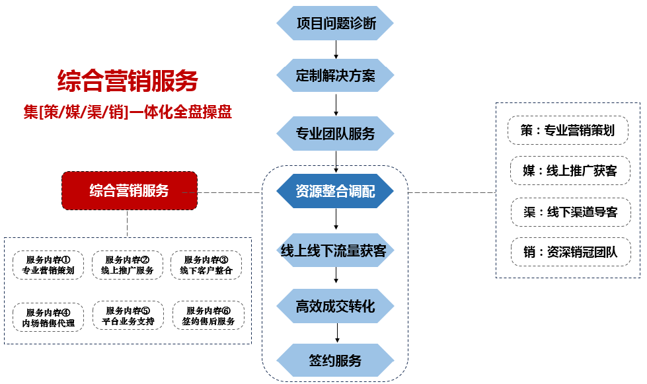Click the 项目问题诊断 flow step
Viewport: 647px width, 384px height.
(335, 24)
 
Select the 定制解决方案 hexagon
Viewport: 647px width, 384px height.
(335, 76)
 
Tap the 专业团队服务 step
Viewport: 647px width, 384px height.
(335, 134)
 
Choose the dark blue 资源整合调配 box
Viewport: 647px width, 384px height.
(335, 192)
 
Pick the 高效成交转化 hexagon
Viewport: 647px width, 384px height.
(335, 306)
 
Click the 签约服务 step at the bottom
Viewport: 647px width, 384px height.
(335, 361)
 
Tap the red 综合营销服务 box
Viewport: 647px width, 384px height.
(130, 191)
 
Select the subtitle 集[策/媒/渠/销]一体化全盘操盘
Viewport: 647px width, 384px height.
(128, 112)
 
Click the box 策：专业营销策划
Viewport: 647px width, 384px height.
(568, 130)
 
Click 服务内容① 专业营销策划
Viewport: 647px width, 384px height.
(49, 265)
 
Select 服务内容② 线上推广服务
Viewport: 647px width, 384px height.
(128, 265)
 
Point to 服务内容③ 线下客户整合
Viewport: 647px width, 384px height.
(206, 265)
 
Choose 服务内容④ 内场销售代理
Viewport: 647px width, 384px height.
(49, 317)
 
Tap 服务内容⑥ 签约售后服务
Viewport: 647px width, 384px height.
(208, 316)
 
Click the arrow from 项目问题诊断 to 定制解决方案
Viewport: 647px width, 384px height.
(336, 50)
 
